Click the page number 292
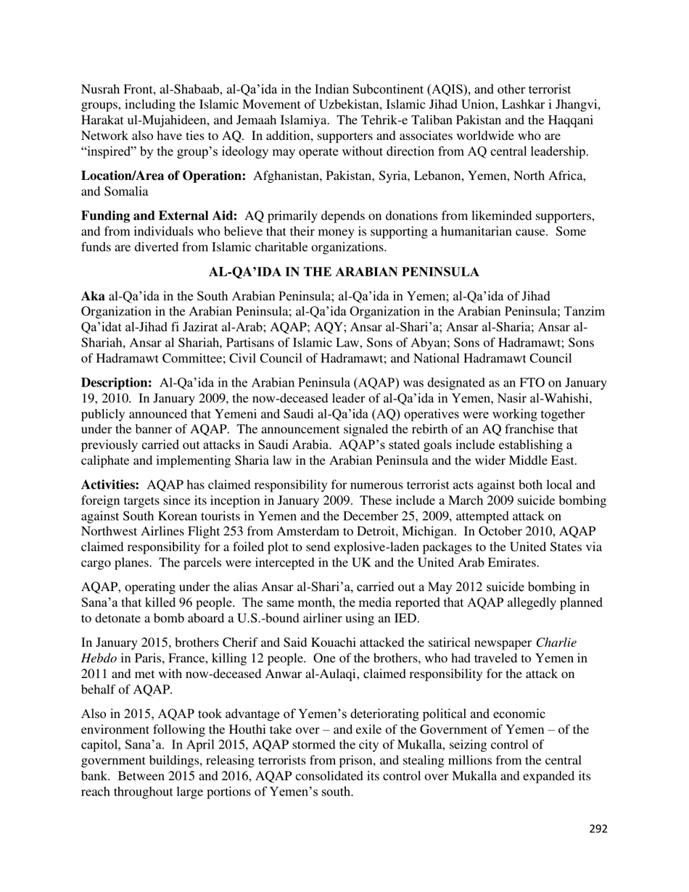598,829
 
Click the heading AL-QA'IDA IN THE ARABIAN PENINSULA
344,273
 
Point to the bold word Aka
93,296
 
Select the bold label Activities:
110,485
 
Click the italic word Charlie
556,643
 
